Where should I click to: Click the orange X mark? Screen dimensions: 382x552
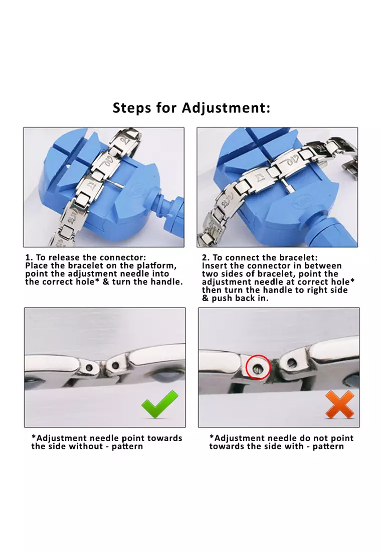point(339,404)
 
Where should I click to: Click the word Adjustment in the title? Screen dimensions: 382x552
point(226,108)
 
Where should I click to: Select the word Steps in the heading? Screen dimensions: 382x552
point(132,108)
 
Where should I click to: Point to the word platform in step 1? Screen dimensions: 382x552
point(156,266)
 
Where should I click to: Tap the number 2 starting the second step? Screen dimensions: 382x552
point(205,258)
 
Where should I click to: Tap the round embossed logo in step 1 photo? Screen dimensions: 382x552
point(138,191)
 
